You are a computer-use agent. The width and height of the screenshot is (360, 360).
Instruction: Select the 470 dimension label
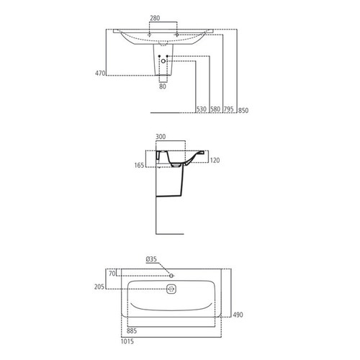click(100, 73)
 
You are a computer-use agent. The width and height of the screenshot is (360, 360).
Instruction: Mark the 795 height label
click(228, 109)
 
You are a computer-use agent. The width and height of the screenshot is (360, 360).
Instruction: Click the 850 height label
click(243, 109)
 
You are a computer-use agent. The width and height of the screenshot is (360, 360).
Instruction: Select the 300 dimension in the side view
click(161, 137)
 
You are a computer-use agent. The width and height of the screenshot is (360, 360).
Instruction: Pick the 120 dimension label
click(214, 160)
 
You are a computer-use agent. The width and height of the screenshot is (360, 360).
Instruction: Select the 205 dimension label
click(99, 287)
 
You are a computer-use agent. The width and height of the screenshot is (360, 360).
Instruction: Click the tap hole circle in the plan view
click(171, 275)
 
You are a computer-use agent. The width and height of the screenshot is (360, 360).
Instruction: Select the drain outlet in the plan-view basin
click(171, 290)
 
